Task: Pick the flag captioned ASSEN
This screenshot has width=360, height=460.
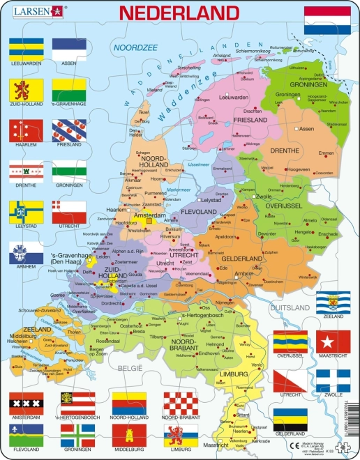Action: pos(69,48)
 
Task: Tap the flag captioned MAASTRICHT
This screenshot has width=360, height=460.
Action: pos(333,342)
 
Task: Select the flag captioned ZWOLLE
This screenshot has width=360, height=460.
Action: pos(333,381)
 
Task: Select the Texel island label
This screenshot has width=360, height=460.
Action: pos(144,111)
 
